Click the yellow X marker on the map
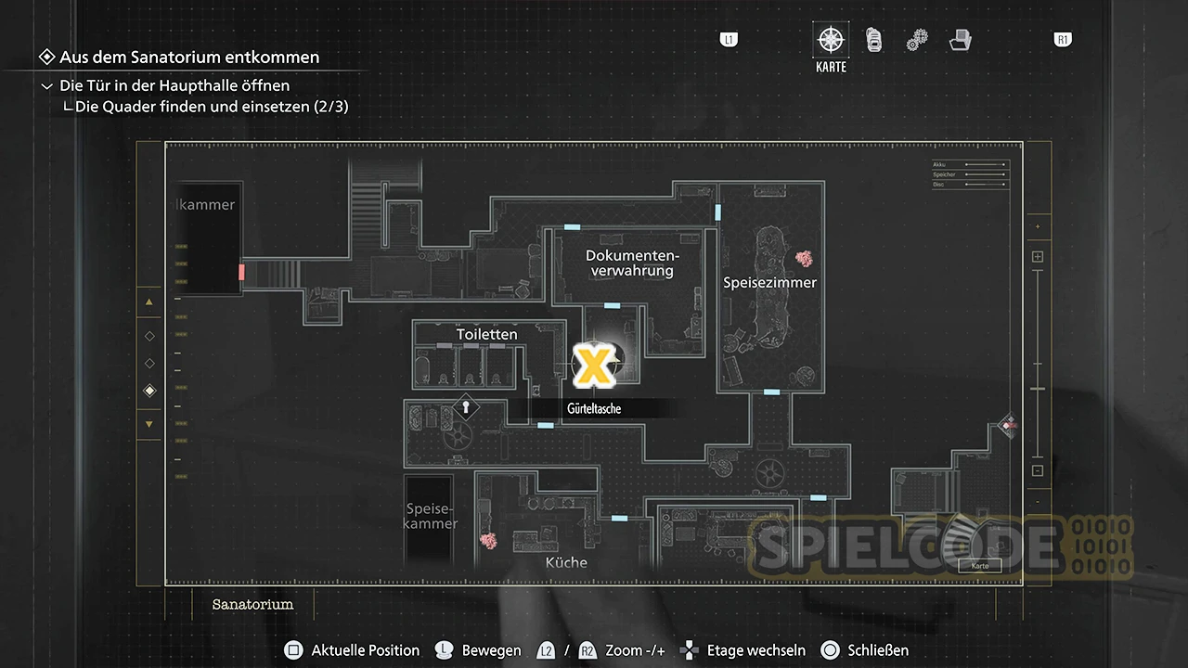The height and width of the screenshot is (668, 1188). pos(591,365)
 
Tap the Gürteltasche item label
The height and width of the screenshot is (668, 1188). pos(594,409)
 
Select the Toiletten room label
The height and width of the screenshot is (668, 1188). pos(486,334)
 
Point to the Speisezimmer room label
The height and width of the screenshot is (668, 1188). pos(769,282)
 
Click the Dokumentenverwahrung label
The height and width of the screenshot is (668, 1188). pos(632,263)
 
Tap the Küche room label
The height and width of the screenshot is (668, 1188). pos(566,562)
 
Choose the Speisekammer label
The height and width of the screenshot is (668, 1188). pos(432,516)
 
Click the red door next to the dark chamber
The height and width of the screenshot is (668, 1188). pos(241,272)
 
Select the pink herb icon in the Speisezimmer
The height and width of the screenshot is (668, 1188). pos(804,260)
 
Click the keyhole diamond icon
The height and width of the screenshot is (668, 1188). pos(466,406)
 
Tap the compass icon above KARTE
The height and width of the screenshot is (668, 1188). pos(831,40)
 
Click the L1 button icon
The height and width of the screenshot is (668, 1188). pos(730,40)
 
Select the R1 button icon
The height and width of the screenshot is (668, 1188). pos(1063,40)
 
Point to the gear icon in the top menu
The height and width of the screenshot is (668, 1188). pos(917,40)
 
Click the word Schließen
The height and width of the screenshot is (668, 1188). pos(878,650)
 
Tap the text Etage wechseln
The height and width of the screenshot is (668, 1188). pos(755,650)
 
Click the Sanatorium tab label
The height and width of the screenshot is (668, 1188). pos(252,604)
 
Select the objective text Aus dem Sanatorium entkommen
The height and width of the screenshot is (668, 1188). pos(189,58)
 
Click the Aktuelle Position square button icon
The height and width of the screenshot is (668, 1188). pos(293,650)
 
